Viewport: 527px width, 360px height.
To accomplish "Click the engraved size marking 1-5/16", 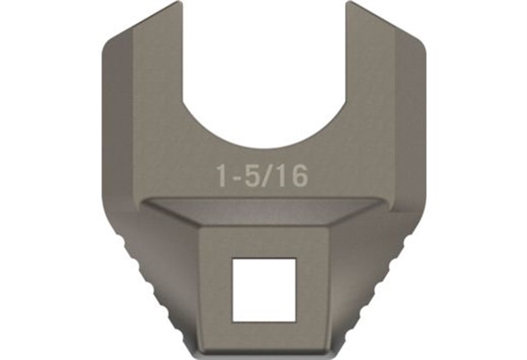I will pyautogui.click(x=261, y=175).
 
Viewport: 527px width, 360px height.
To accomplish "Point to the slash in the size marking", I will pyautogui.click(x=270, y=175).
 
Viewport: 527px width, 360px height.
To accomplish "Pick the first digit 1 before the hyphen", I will pyautogui.click(x=222, y=175).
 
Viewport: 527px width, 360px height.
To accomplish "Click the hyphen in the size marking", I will pyautogui.click(x=236, y=177).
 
